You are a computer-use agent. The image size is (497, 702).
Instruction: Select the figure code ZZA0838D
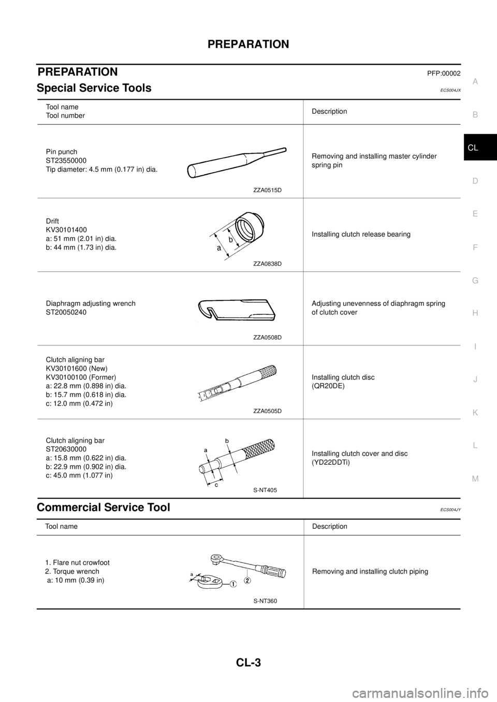pos(267,264)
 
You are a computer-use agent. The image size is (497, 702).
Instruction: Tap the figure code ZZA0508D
pos(267,337)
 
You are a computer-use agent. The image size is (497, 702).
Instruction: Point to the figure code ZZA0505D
pos(267,411)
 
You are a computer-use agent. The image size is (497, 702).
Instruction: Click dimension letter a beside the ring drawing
pos(219,249)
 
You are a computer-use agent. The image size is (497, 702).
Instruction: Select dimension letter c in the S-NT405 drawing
pos(216,485)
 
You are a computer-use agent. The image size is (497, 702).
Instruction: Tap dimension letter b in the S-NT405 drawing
pos(227,440)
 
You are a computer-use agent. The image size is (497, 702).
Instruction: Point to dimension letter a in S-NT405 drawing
pos(206,450)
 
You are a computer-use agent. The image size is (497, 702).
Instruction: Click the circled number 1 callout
pos(233,584)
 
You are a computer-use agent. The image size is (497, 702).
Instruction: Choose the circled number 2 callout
pos(247,581)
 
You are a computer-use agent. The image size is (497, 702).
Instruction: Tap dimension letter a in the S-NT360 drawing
pos(192,574)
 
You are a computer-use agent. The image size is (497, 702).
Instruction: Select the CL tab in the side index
pos(473,148)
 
